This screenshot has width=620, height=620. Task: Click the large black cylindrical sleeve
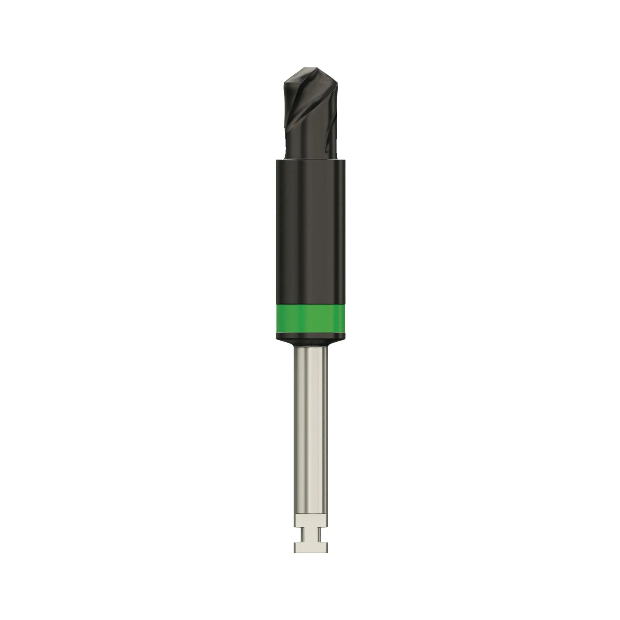(311, 231)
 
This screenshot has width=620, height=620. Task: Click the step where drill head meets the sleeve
(311, 158)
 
